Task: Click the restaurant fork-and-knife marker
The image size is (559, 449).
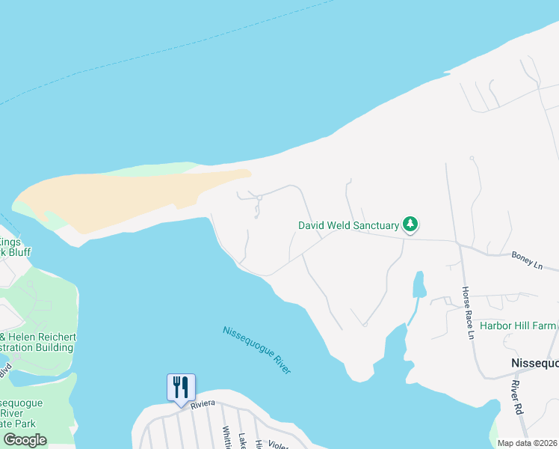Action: point(180,388)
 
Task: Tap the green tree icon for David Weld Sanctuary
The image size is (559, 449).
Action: point(410,224)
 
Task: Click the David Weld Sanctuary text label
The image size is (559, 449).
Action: point(348,224)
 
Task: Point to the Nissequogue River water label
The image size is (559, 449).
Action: point(256,349)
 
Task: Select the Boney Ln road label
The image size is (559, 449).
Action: point(526,260)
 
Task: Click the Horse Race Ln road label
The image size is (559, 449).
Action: point(467,312)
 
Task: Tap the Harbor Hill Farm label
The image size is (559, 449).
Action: point(518,326)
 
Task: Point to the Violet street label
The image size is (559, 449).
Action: point(278,444)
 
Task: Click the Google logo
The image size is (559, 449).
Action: point(25,440)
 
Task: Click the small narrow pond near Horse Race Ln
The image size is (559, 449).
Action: point(419,285)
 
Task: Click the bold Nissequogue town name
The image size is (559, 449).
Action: point(534,363)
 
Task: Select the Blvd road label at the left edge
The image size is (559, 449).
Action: point(5,370)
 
